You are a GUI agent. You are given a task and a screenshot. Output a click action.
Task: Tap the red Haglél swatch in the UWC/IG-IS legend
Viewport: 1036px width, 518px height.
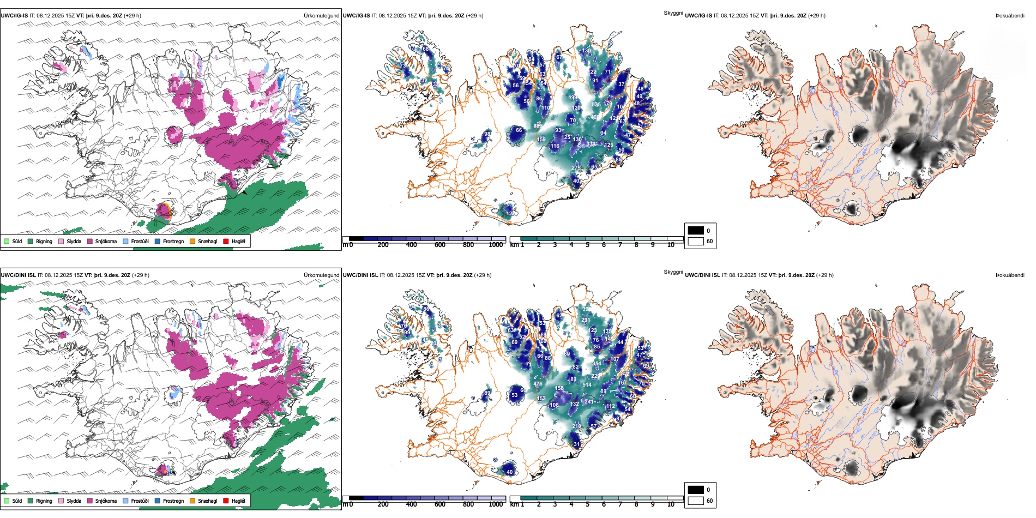tap(226, 241)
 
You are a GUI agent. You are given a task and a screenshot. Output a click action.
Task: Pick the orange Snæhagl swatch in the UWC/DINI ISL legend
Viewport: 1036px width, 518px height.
tap(192, 501)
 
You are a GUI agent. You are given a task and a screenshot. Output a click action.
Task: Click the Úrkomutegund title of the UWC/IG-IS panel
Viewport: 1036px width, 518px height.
tap(321, 15)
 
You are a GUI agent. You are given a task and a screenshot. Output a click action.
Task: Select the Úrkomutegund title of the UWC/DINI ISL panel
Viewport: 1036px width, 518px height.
tap(321, 275)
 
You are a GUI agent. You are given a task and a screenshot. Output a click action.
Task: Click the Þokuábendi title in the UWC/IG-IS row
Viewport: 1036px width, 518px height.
tap(1010, 15)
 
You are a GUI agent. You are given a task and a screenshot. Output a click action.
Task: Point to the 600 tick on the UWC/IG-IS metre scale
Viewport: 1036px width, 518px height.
tap(440, 245)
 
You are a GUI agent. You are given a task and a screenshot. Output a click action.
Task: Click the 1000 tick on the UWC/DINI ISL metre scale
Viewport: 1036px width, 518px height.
tap(496, 504)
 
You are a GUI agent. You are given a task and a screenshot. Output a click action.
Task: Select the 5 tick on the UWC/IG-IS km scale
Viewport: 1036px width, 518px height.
tap(588, 245)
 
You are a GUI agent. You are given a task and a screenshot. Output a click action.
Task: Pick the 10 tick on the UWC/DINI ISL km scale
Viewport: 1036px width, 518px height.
tap(671, 504)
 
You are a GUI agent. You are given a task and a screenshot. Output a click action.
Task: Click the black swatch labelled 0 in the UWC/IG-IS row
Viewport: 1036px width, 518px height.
tap(696, 230)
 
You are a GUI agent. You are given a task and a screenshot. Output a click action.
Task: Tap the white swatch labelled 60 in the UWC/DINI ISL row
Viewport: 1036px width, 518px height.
tap(696, 500)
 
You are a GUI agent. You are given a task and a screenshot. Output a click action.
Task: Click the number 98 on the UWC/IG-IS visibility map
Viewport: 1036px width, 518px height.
tap(487, 134)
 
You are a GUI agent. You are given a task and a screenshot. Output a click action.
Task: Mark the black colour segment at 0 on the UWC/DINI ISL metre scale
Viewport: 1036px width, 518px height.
tap(356, 498)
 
